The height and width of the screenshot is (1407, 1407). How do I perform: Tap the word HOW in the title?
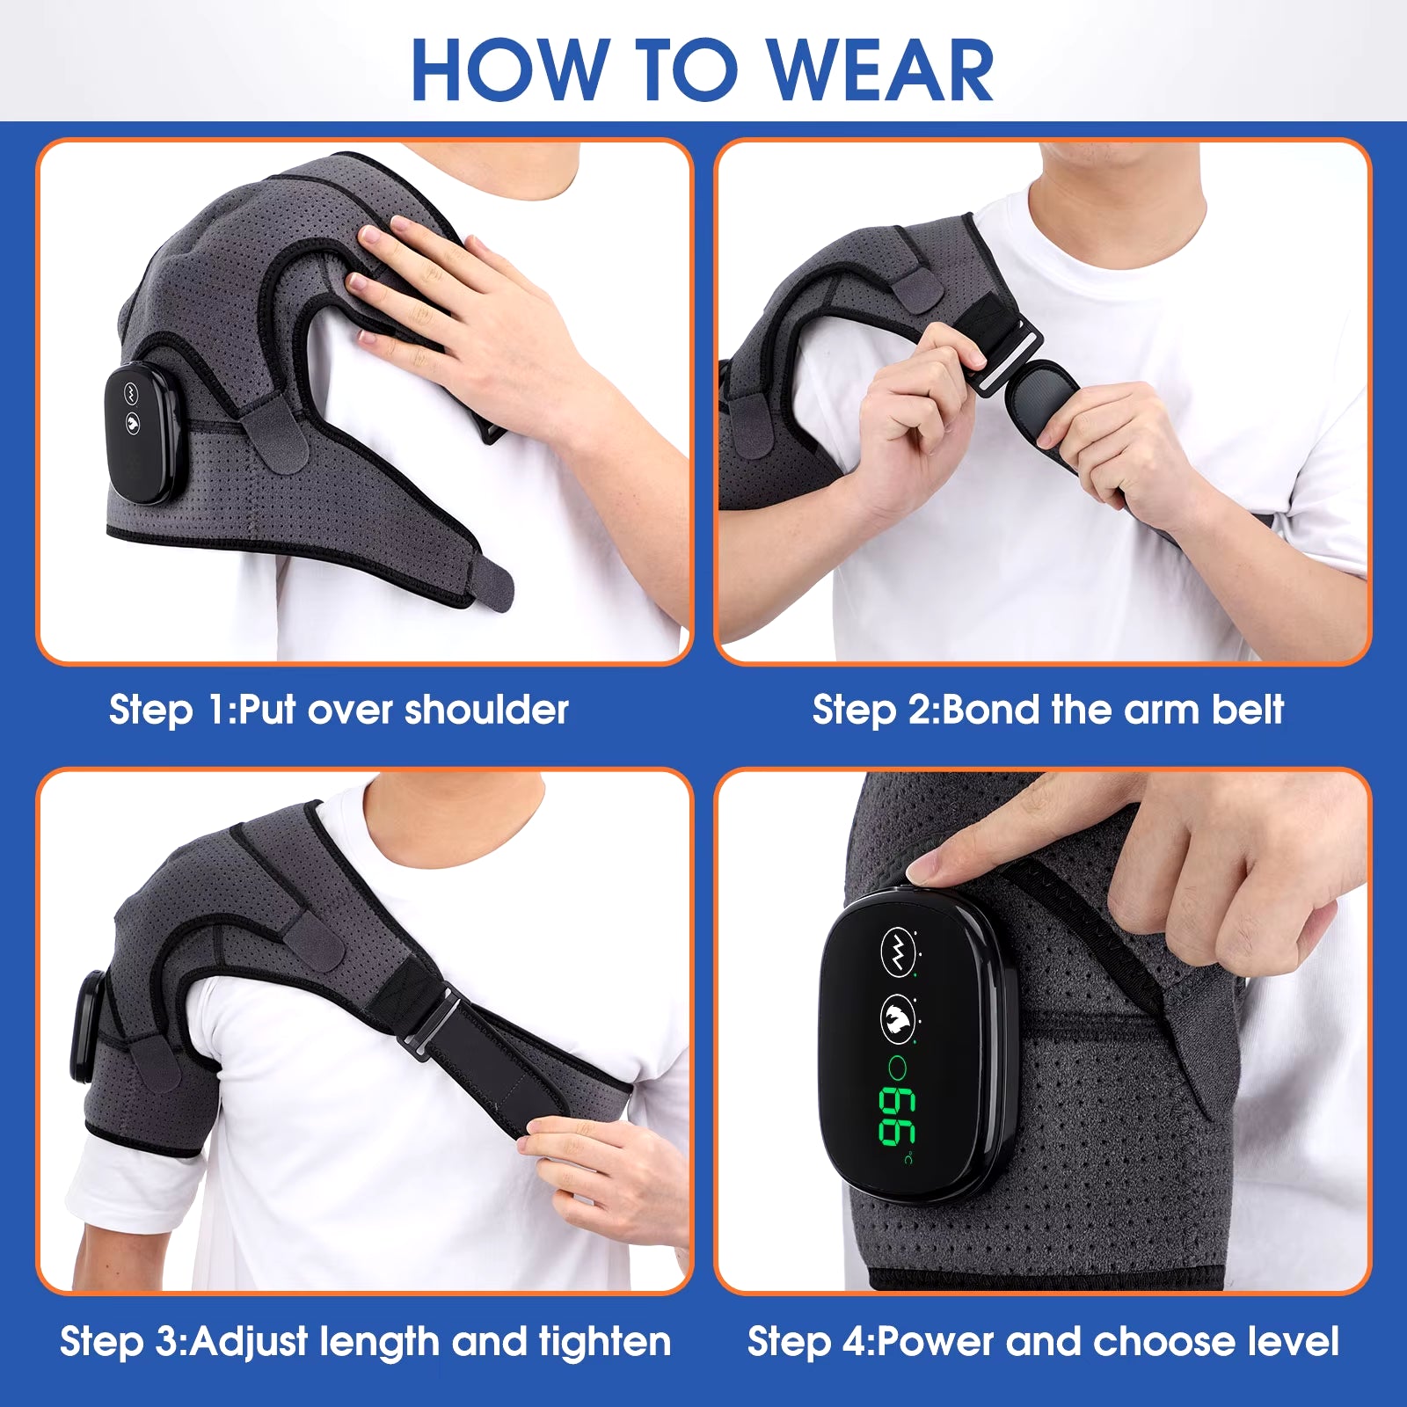pos(510,70)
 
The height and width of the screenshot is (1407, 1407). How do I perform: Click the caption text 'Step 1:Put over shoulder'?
pos(339,710)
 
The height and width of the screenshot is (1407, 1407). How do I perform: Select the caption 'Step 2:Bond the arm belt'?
pos(1047,710)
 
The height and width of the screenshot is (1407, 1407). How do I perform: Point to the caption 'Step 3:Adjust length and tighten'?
pos(365,1342)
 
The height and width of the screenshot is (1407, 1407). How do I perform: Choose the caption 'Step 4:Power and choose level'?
pos(1043,1342)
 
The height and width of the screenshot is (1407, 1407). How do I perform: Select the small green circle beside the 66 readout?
pos(898,1068)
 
